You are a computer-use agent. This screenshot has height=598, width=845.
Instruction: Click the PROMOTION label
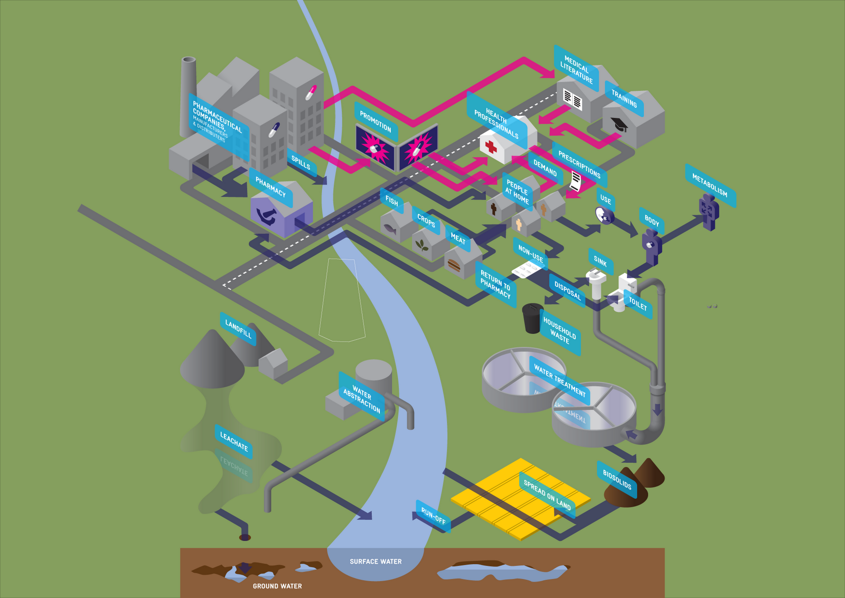tap(375, 122)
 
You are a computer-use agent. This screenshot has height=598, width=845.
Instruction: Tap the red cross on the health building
tap(491, 146)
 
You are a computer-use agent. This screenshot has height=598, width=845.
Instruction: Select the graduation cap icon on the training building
tap(619, 125)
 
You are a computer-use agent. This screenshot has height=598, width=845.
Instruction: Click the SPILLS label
tap(301, 163)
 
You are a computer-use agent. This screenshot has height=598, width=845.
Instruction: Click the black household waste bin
tap(532, 318)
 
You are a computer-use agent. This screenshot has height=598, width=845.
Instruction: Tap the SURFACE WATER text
tap(375, 562)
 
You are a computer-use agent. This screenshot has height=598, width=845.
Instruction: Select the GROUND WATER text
tap(277, 586)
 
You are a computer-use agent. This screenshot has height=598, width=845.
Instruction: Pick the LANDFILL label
tap(238, 329)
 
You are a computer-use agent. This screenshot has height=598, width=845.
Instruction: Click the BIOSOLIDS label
tap(617, 479)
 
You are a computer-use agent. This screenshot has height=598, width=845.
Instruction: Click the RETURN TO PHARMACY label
tap(495, 283)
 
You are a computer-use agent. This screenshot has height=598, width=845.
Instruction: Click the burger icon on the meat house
tap(453, 264)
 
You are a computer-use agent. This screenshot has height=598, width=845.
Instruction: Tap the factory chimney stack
tap(187, 95)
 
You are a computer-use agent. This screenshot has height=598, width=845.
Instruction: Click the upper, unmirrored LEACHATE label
tap(233, 441)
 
